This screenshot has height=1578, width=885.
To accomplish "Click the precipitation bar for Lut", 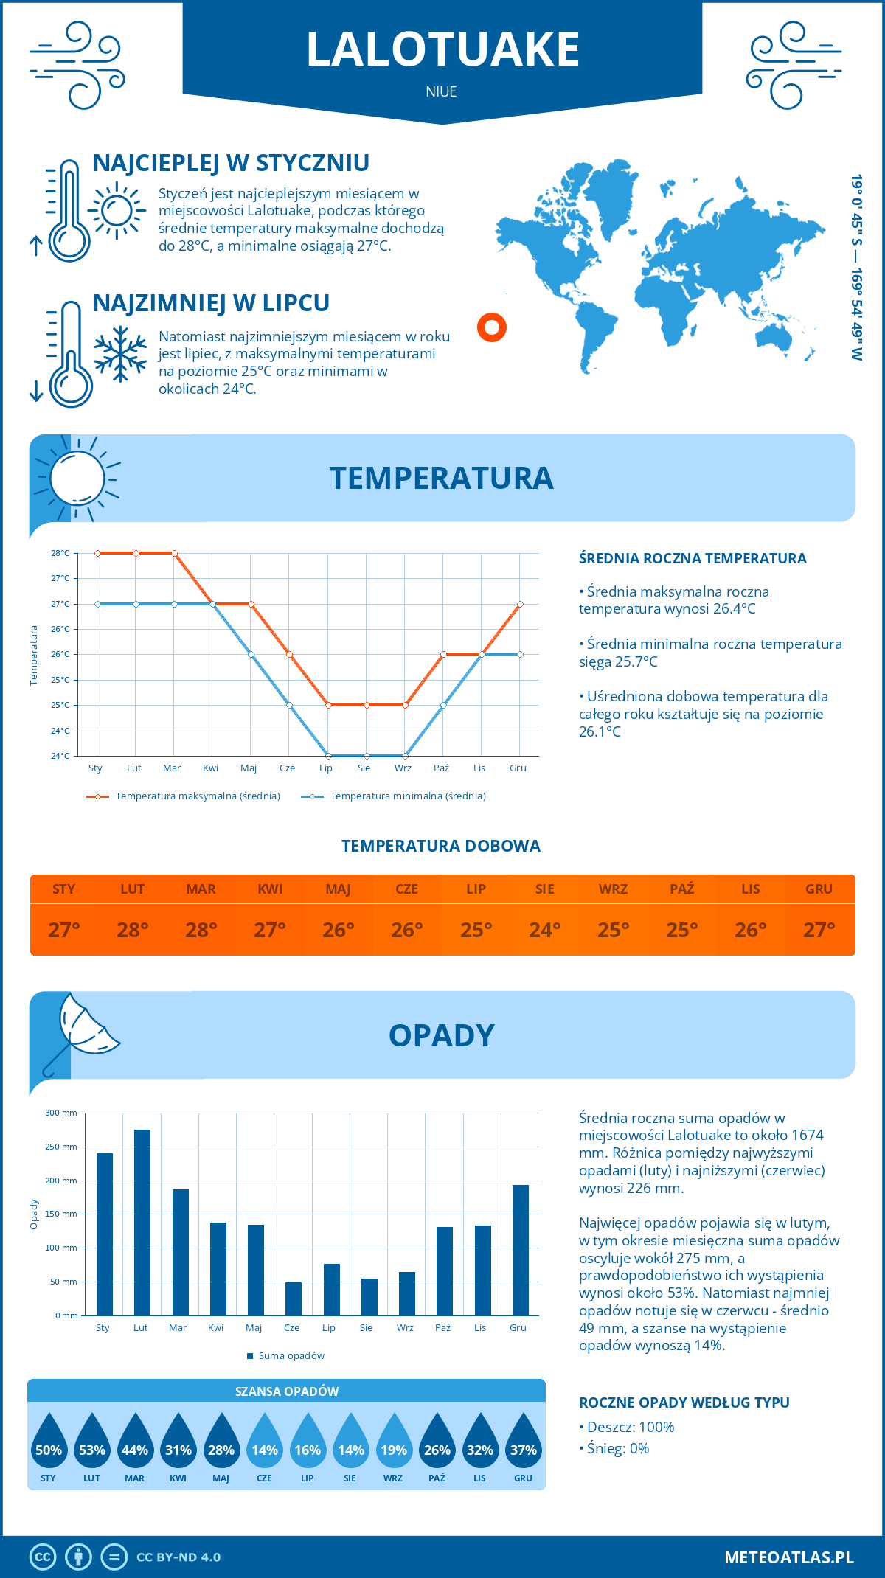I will point(142,1223).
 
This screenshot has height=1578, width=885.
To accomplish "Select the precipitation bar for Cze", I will point(294,1299).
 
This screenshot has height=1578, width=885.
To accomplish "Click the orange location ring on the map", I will point(492,326).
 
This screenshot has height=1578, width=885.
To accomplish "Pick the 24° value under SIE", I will point(545,930).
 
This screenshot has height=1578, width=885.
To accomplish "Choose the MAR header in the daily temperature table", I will point(201,889).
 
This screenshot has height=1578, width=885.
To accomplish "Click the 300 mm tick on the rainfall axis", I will point(62,1113).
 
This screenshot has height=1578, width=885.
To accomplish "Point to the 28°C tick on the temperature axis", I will point(60,553).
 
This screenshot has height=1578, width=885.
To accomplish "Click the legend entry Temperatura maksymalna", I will point(184,796).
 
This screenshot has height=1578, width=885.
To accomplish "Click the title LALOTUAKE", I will point(442,49).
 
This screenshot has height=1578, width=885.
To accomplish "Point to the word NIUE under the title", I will point(441,91).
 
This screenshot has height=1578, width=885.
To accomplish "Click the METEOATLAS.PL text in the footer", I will point(788,1557).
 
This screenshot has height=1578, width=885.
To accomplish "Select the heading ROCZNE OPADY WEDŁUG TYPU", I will point(684,1403).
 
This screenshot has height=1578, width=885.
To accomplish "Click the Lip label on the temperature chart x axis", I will point(326,768).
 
